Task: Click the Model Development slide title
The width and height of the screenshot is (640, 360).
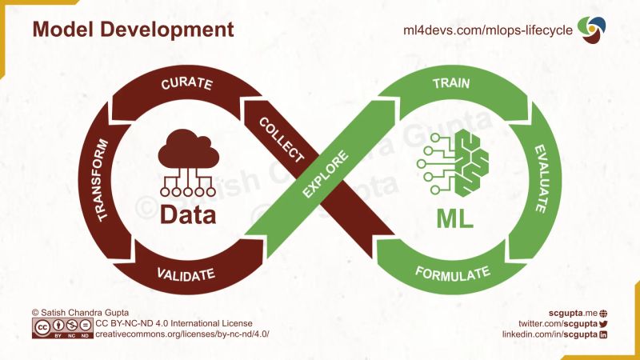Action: [x=133, y=30]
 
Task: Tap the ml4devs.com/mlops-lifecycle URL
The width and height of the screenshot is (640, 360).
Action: [x=487, y=30]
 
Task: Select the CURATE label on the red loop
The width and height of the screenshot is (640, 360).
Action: [x=186, y=83]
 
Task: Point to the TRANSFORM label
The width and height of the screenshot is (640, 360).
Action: [x=102, y=178]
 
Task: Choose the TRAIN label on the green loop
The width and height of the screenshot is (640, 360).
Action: [x=450, y=83]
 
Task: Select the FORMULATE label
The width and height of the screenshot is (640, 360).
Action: [x=452, y=274]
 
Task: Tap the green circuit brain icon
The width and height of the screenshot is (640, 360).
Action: [x=453, y=165]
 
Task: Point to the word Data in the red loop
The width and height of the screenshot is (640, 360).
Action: [x=188, y=214]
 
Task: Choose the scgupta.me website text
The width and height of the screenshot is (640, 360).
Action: [x=572, y=311]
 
